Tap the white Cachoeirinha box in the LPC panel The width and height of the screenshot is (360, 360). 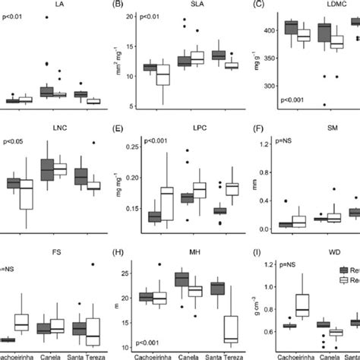point(168,204)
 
